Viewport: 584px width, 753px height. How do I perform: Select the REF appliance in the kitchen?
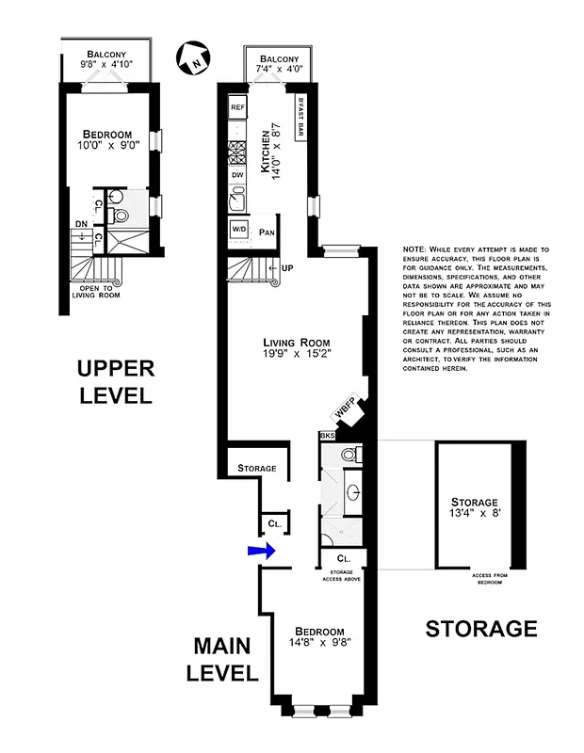coord(237,108)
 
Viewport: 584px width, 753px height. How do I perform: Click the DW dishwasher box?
coord(237,174)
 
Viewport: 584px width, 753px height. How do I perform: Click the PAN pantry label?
coord(268,231)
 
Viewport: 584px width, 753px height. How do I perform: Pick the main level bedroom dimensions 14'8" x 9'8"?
coord(319,645)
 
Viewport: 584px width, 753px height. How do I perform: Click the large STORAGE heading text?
coord(481,628)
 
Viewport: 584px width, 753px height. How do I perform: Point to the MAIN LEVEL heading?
coord(225,659)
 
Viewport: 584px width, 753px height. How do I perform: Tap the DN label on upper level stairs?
coord(82,224)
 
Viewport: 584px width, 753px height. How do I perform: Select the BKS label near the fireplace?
coord(327,436)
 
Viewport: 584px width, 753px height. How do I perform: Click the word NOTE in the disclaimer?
coord(414,249)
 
